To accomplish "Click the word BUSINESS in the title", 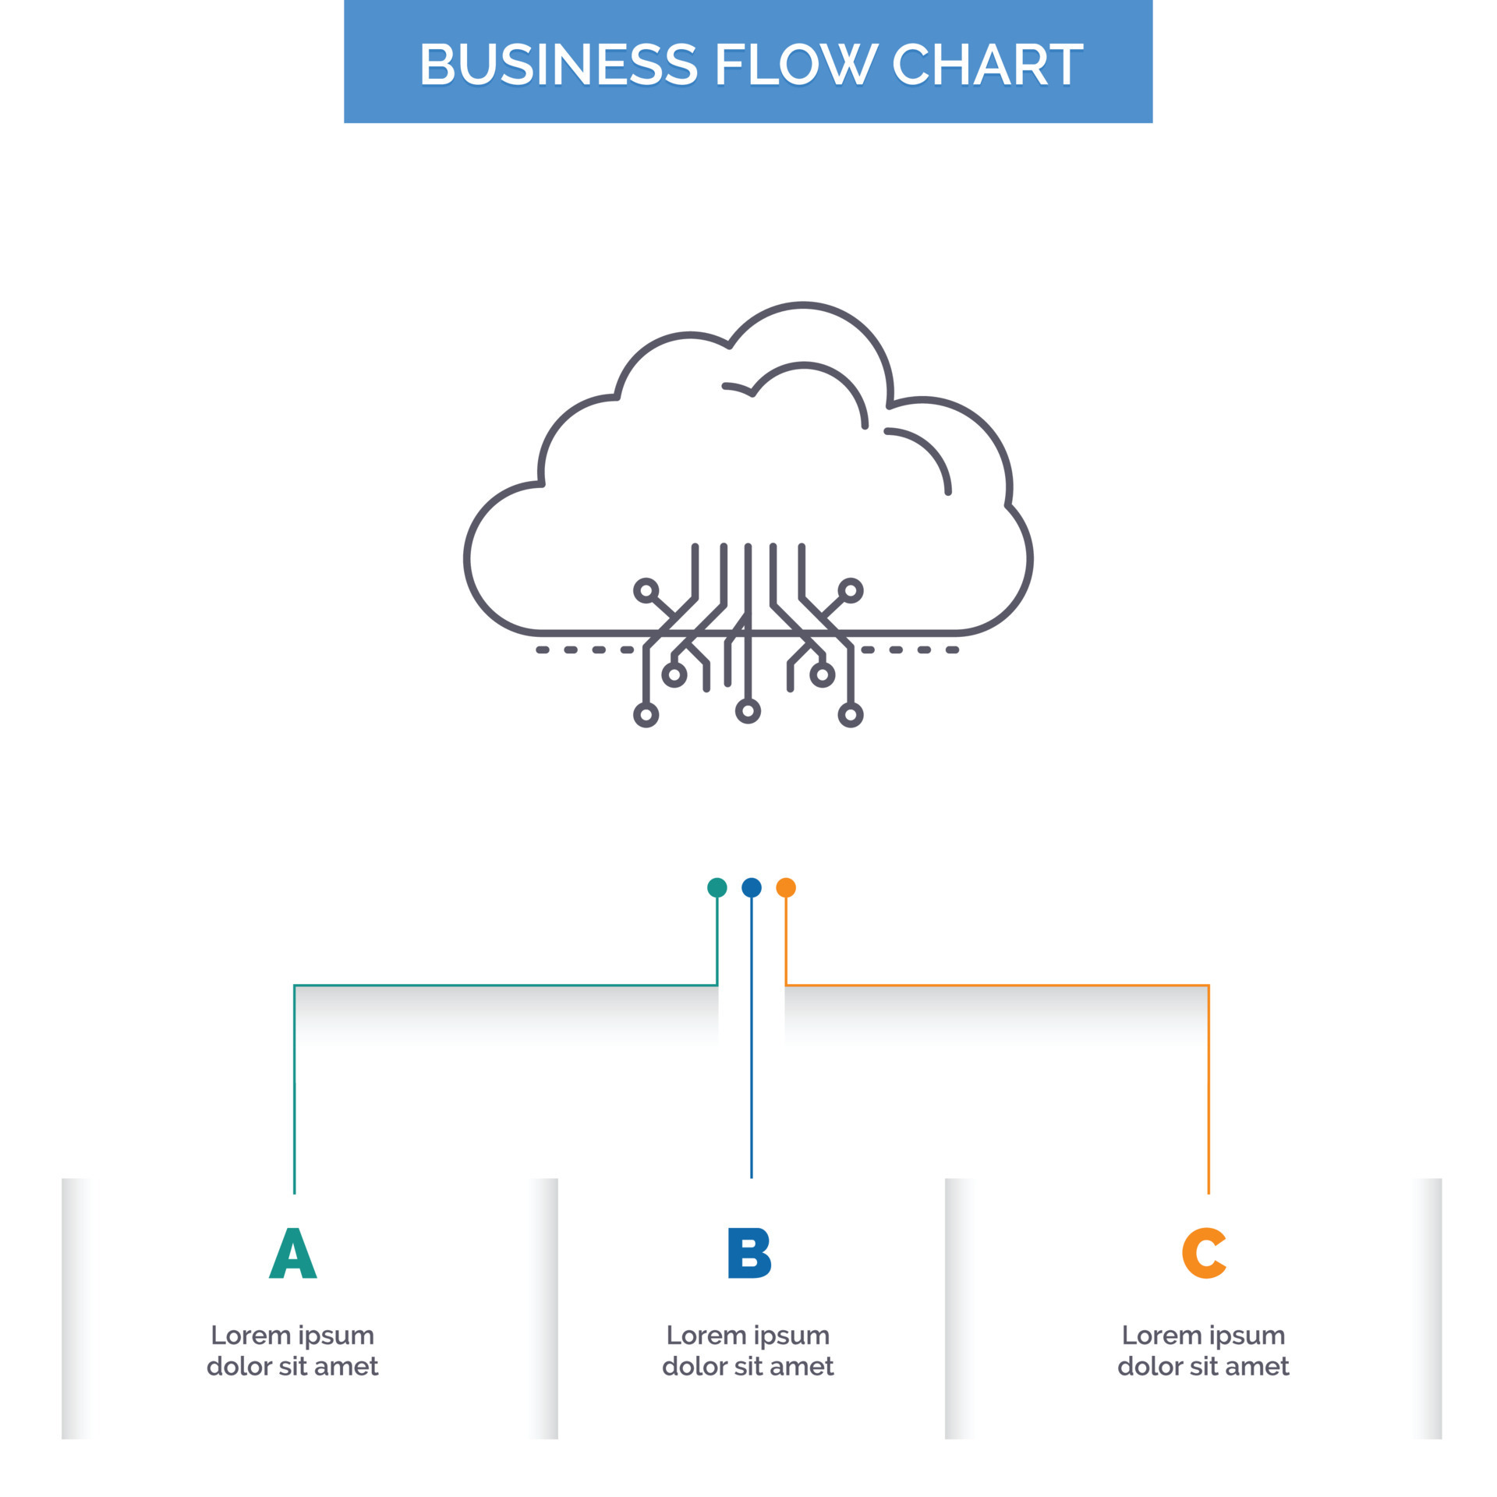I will click(557, 64).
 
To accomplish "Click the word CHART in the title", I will click(987, 64).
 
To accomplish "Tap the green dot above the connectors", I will click(717, 887).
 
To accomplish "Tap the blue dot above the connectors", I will click(751, 887).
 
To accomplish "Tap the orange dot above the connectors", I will click(786, 887).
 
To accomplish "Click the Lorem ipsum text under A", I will click(292, 1350).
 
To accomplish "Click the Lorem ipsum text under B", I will click(748, 1350).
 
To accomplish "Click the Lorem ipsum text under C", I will click(1203, 1350).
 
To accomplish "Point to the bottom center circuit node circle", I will click(748, 711).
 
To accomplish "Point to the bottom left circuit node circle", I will click(646, 715).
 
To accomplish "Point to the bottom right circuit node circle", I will click(851, 715).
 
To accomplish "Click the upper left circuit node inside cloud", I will click(645, 590).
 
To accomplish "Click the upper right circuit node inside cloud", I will click(851, 590).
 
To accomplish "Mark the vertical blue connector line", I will click(751, 1053).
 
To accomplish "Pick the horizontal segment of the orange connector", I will click(998, 986).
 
